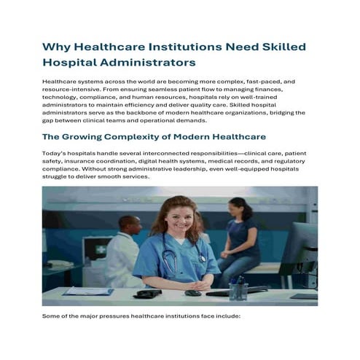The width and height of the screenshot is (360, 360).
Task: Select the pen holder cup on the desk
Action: click(238, 289)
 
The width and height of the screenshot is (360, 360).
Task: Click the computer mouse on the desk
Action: click(192, 293)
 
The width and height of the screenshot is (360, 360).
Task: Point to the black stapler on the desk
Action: click(149, 293)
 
